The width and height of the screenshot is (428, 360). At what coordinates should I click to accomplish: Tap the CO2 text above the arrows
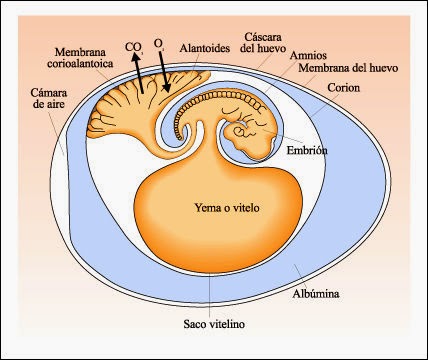(x=132, y=45)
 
